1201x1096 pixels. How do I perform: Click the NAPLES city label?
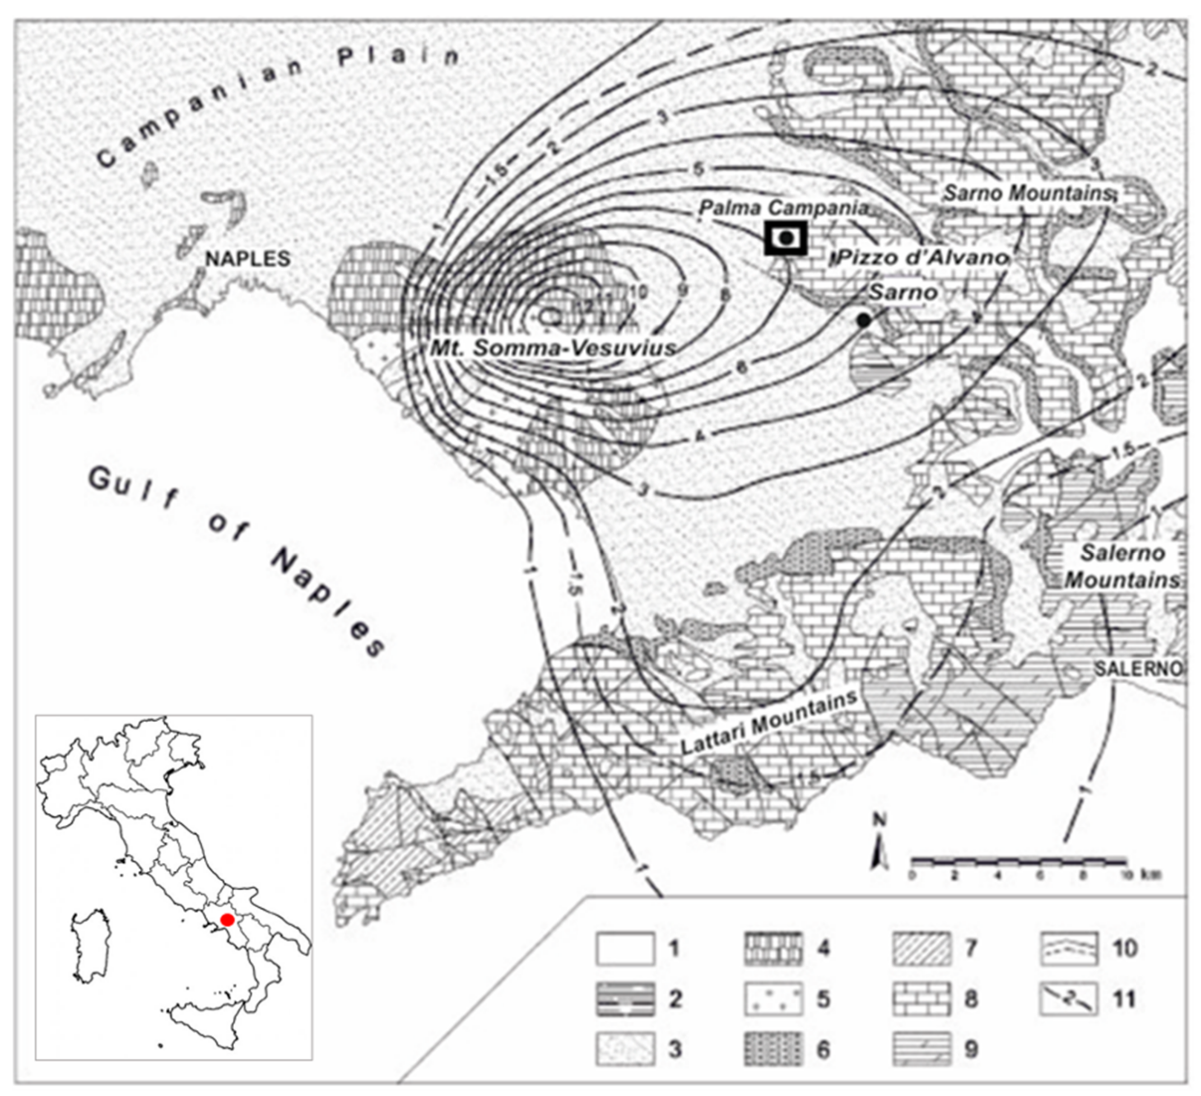tap(248, 259)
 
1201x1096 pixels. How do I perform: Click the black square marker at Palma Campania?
tap(786, 238)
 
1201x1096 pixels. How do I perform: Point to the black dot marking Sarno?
tap(864, 320)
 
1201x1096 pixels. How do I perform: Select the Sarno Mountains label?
tap(1028, 193)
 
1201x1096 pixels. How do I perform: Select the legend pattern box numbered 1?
tap(625, 949)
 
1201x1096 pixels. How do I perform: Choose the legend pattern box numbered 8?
tap(921, 999)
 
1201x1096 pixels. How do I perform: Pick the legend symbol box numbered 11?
tap(1069, 999)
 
